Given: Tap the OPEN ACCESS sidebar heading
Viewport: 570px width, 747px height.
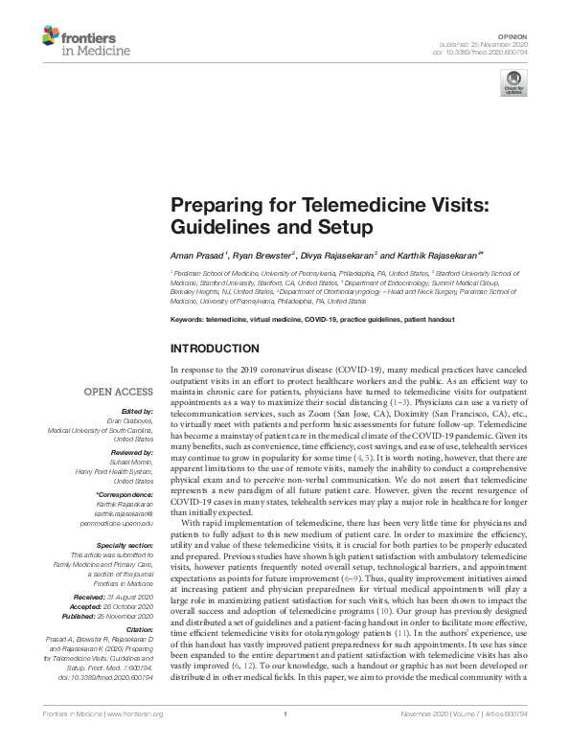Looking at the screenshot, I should [118, 392].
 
